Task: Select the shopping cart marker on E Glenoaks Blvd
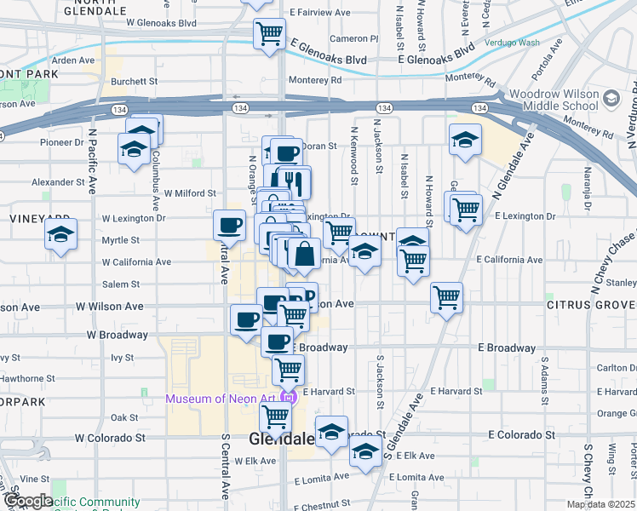coord(269,34)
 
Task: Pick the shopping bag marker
coord(303,253)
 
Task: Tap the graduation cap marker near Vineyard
coord(60,234)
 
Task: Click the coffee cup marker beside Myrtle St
coord(229,225)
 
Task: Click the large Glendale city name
coord(282,439)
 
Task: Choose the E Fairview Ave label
coord(319,14)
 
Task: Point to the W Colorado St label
coord(110,438)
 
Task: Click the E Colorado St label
coord(521,434)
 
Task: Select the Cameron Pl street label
coord(354,38)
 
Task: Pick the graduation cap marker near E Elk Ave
coord(365,453)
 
